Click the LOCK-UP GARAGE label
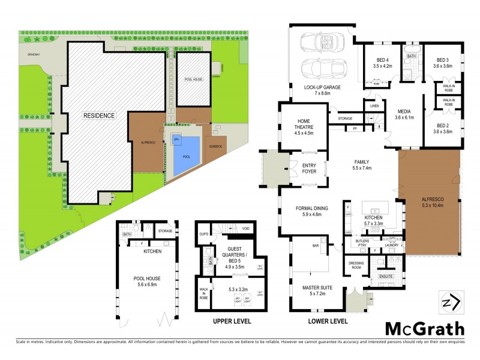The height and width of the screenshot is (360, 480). point(323,88)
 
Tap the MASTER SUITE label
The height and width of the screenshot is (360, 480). point(317,289)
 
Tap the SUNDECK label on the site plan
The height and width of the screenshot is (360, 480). point(215,146)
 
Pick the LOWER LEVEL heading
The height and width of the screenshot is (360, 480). point(328,322)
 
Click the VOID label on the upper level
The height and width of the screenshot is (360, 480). point(246,229)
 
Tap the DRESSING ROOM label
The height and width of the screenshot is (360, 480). point(357,265)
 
